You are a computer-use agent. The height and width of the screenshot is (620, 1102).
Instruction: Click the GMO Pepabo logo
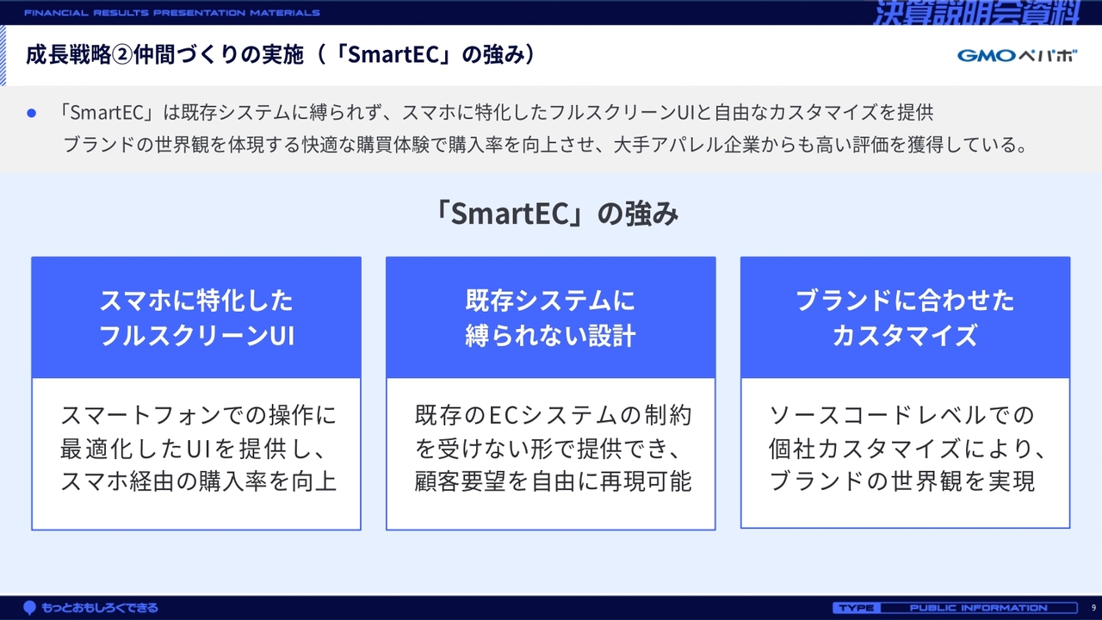(x=1017, y=56)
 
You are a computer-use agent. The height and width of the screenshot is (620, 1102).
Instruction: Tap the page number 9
(x=1093, y=608)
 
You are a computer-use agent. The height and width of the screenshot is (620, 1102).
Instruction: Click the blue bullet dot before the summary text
(x=32, y=113)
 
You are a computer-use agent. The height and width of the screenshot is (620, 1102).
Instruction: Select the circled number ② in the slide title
(x=122, y=54)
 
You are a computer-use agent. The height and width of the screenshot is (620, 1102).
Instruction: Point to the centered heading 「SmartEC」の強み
(x=556, y=214)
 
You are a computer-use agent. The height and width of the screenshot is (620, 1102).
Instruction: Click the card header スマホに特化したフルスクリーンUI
(x=196, y=318)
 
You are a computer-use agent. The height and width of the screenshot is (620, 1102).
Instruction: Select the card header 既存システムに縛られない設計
(x=550, y=318)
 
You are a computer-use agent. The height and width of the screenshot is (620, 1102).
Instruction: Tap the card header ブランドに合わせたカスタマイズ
(x=905, y=318)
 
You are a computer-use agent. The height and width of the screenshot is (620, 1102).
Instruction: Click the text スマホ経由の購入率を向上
(x=198, y=481)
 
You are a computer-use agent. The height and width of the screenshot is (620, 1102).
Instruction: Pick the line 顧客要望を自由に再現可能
(x=553, y=481)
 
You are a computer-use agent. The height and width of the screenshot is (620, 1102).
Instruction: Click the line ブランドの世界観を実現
(x=902, y=481)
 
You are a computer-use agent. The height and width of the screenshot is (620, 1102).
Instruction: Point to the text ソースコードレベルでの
(x=901, y=415)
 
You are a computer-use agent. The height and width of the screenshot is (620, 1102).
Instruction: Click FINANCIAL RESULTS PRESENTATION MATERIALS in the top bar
(x=172, y=13)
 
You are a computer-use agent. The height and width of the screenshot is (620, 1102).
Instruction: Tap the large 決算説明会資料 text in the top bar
(x=976, y=13)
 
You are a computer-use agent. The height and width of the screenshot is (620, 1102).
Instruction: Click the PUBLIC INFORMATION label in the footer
(x=979, y=608)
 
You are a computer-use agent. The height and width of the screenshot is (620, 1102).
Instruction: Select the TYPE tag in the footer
(x=857, y=608)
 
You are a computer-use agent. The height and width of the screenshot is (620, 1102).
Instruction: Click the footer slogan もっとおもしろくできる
(x=99, y=608)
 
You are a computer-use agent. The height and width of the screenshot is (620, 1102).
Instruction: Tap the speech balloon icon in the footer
(x=30, y=608)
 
